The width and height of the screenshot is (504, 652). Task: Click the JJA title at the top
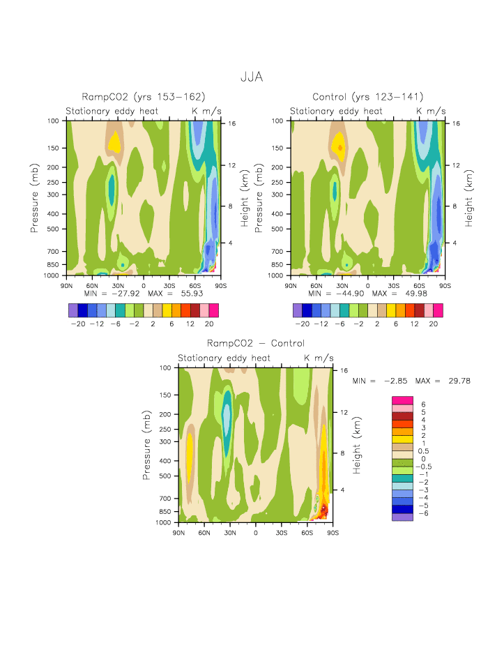pos(252,77)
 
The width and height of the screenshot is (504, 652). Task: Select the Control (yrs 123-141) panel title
pos(368,97)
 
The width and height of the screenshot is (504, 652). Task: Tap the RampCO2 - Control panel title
pos(255,344)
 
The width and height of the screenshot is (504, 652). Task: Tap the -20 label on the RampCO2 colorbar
pos(79,324)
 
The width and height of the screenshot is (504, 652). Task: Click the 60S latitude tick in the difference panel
pos(307,532)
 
